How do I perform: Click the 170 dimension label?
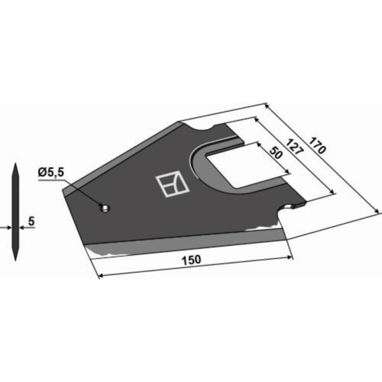[317, 146]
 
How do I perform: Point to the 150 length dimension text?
[192, 260]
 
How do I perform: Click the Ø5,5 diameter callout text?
[51, 172]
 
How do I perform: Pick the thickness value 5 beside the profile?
[31, 222]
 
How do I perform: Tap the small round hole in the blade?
[105, 207]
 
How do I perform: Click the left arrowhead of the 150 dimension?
[99, 277]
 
